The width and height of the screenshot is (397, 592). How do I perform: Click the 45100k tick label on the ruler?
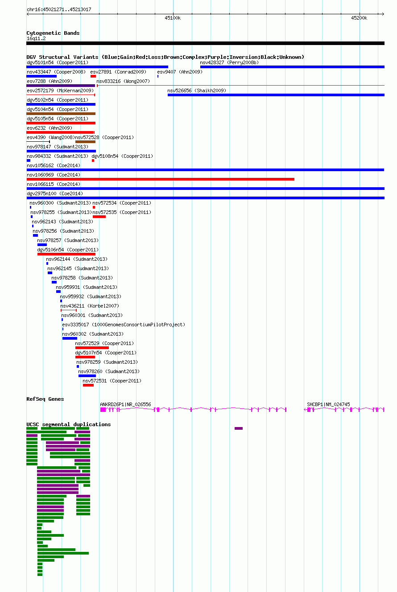(x=173, y=18)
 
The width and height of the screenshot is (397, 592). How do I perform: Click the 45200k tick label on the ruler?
(x=359, y=18)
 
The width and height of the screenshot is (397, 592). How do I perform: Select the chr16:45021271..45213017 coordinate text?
(x=59, y=9)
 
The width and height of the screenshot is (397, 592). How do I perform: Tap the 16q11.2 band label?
(x=36, y=39)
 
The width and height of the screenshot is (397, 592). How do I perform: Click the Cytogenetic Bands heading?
(x=53, y=33)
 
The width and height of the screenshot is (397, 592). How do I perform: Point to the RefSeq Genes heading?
(x=45, y=399)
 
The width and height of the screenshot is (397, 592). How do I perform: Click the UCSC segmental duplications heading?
(x=69, y=424)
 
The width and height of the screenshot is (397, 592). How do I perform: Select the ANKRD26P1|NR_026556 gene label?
(x=125, y=404)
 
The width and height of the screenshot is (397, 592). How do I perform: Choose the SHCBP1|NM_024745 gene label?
(x=328, y=404)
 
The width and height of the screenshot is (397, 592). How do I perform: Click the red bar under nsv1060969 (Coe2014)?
(x=160, y=179)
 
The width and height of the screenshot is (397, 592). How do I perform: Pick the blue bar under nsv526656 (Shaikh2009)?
(x=276, y=95)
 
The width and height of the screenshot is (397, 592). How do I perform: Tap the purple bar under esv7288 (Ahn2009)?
(x=61, y=86)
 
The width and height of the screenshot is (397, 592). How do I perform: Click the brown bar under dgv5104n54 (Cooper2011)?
(x=61, y=114)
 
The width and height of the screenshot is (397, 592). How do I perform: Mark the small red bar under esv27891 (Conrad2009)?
(x=93, y=76)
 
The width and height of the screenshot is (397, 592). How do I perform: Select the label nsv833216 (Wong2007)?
(x=123, y=81)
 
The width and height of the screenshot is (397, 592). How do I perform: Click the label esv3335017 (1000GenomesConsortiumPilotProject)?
(x=124, y=325)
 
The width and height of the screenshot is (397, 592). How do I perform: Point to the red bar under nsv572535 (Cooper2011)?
(x=99, y=217)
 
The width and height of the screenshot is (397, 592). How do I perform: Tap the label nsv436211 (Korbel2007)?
(x=90, y=306)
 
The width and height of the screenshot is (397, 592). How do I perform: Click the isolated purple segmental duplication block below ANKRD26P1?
(x=239, y=428)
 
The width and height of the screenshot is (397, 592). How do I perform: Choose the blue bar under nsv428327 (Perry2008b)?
(x=292, y=67)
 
